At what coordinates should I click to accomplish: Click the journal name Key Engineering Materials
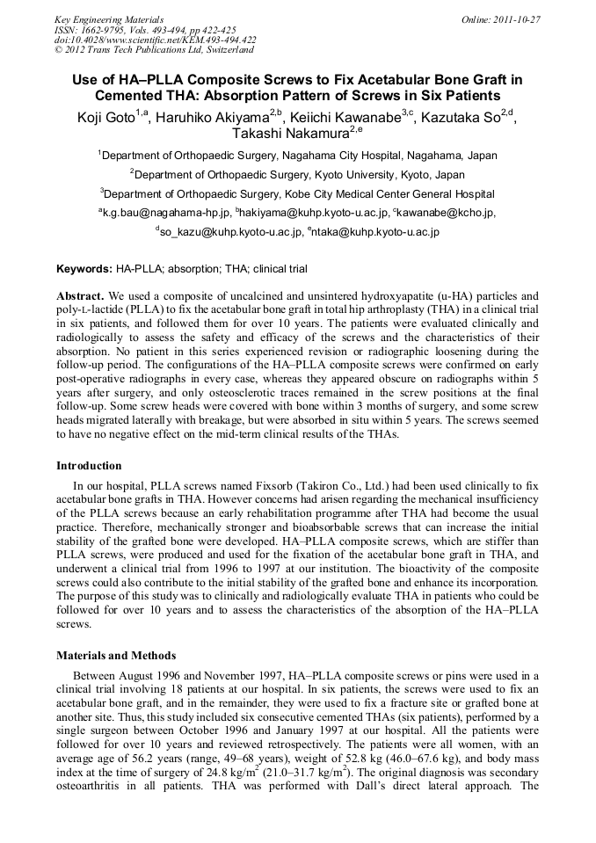(109, 19)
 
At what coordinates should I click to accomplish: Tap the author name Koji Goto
(100, 117)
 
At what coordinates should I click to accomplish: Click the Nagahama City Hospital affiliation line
(298, 156)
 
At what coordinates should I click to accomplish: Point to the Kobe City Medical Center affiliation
(298, 193)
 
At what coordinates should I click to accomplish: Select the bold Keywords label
(84, 269)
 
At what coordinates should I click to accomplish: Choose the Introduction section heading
(89, 465)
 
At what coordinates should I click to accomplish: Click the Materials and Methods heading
(116, 655)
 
